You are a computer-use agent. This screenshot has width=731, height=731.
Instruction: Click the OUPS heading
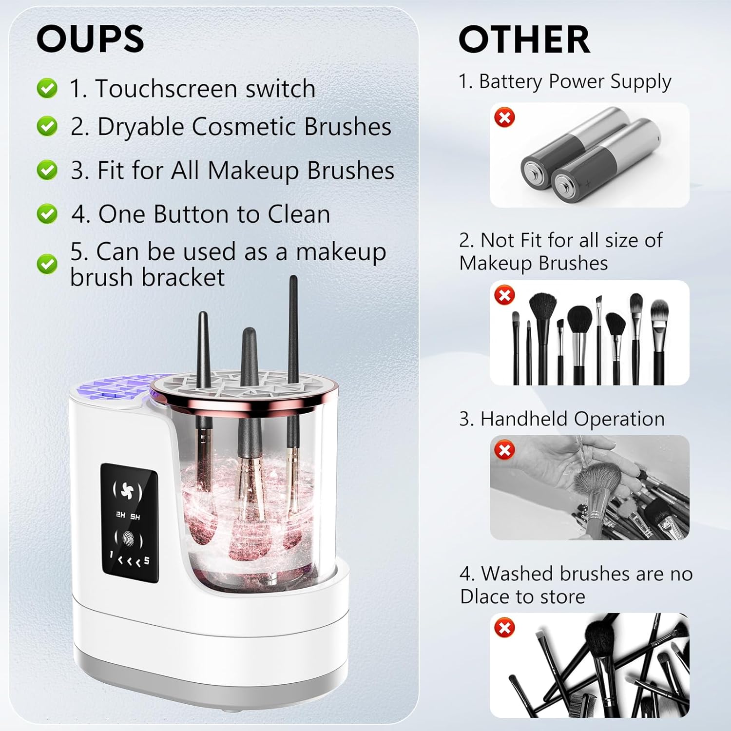[90, 39]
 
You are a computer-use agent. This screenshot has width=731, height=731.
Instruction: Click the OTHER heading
[524, 40]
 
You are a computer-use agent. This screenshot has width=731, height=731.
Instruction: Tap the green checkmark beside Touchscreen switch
[47, 89]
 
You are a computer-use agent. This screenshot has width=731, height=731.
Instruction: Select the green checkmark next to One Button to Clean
[47, 214]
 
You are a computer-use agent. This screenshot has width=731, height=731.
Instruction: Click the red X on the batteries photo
[505, 117]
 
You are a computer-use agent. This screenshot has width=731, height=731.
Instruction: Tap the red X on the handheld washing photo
[505, 450]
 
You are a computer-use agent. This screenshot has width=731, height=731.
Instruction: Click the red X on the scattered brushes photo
[505, 627]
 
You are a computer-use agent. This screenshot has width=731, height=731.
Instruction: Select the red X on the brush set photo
[505, 295]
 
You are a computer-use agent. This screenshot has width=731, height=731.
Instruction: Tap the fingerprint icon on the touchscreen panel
[129, 539]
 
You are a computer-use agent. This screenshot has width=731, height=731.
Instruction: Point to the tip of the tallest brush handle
[293, 278]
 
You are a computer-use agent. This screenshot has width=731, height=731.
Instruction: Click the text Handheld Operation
[562, 419]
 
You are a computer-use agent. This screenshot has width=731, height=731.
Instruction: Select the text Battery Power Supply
[565, 81]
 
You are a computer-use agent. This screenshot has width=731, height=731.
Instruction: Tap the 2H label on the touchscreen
[120, 515]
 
